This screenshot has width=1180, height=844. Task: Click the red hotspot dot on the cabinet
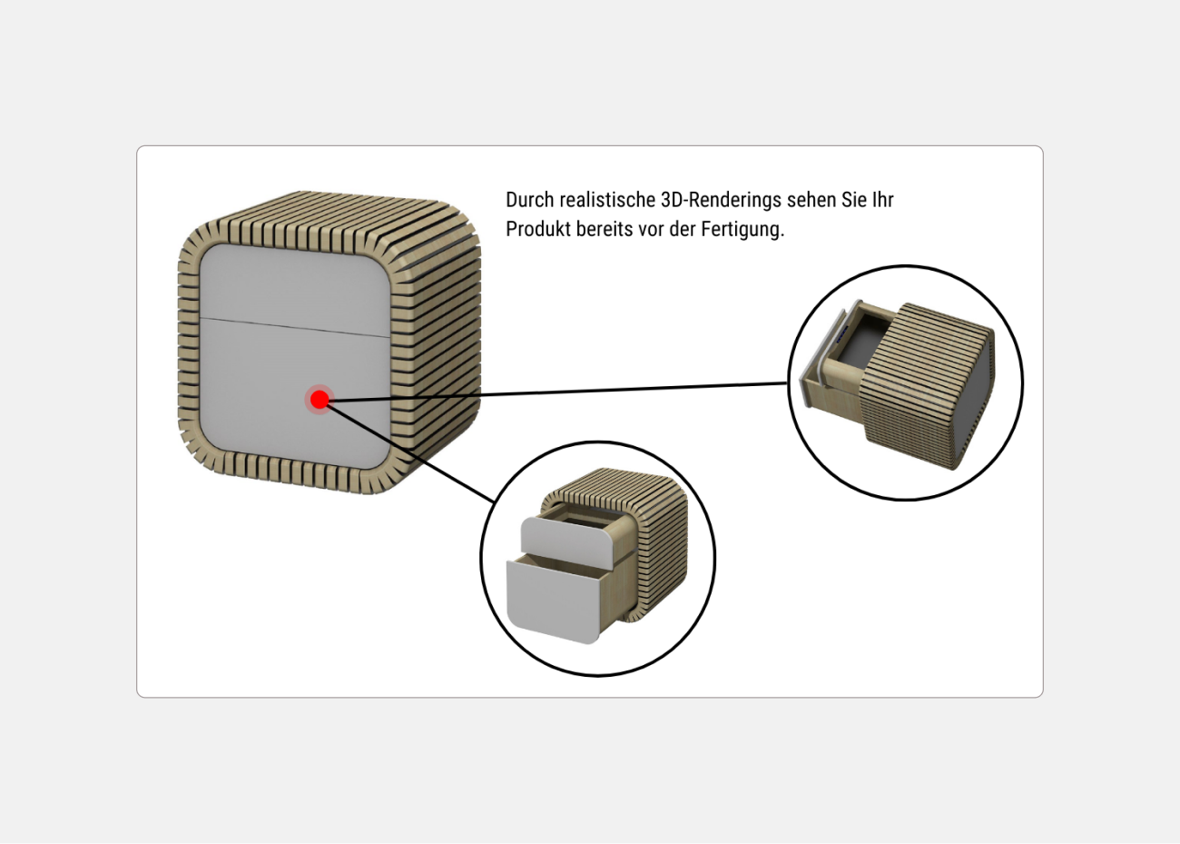click(x=320, y=400)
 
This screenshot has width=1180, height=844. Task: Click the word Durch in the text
click(x=529, y=200)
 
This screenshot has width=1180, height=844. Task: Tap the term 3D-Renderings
click(x=721, y=200)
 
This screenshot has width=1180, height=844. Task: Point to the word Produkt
click(x=538, y=229)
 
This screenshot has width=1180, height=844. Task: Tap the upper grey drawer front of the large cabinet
click(x=295, y=287)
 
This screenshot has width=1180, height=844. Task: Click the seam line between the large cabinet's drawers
click(x=295, y=327)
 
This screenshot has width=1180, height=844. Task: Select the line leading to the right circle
click(x=558, y=392)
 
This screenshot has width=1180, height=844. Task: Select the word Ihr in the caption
click(x=883, y=200)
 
